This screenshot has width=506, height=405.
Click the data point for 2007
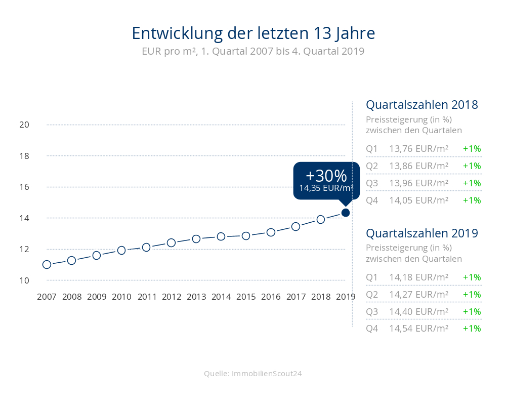pos(47,264)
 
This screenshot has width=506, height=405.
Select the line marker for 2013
pos(196,238)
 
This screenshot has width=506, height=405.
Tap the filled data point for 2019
pos(346,213)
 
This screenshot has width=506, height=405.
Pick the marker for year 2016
pos(271,232)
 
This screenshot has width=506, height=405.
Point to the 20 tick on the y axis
pos(24,125)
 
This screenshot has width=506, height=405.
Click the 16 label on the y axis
pos(24,187)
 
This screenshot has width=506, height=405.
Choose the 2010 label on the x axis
pos(121,297)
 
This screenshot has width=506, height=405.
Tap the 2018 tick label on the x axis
pos(321,297)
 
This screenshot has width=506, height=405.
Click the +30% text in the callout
pos(326,176)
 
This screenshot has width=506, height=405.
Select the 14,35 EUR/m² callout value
pos(326,188)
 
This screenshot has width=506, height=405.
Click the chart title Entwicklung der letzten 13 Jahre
pos(253,33)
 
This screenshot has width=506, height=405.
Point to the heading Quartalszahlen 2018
pos(422,105)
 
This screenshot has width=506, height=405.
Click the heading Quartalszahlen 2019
pos(422,233)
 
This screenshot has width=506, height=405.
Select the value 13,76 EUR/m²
pos(419,149)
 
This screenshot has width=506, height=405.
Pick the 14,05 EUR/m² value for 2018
pos(419,200)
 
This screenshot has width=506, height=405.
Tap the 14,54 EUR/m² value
pos(419,329)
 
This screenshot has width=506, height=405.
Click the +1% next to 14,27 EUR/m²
pos(472,295)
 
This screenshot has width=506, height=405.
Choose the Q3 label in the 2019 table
pos(372,312)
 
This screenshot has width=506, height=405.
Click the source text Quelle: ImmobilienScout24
pos(253,374)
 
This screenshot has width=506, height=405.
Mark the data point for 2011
pos(146,247)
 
